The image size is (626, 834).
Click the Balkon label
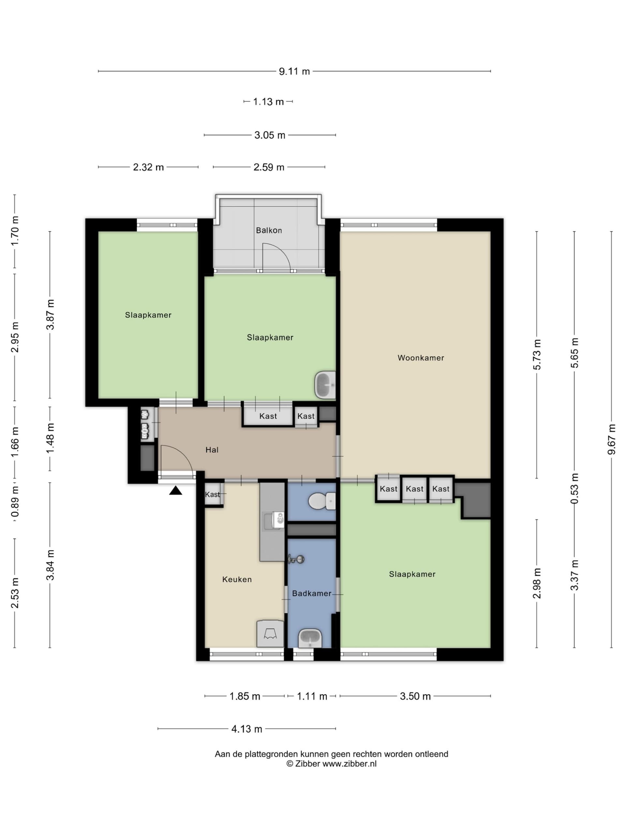pos(269,230)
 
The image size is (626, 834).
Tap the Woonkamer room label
pos(421,358)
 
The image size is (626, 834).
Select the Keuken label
pos(237,579)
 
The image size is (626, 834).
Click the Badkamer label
pos(311,593)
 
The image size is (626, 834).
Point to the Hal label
pos(212,450)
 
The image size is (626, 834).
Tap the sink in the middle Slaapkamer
pos(325,385)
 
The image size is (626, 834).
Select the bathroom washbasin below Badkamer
pos(310,638)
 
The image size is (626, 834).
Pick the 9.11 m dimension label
pos(294,71)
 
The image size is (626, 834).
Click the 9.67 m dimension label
pos(611,439)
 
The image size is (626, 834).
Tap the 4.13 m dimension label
pos(246,729)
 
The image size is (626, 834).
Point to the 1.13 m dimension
pos(268,102)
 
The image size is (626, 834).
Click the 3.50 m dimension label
pos(415,696)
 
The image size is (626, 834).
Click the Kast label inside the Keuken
pos(213,495)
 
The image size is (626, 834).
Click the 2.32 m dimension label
pos(148,167)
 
